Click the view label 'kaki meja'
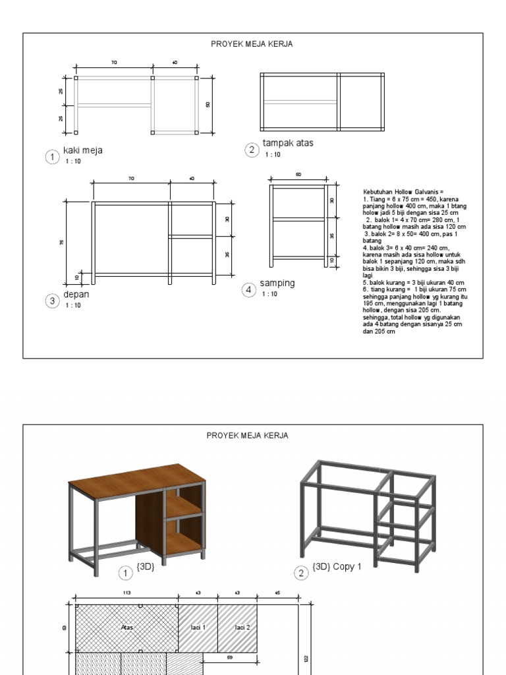pyautogui.click(x=82, y=150)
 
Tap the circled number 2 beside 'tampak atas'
pyautogui.click(x=251, y=150)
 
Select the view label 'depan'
pyautogui.click(x=76, y=295)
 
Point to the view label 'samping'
pyautogui.click(x=277, y=283)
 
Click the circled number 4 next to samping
pyautogui.click(x=249, y=290)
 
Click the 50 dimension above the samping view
pyautogui.click(x=298, y=175)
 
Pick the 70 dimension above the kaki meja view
pyautogui.click(x=114, y=63)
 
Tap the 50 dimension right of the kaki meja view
pyautogui.click(x=208, y=104)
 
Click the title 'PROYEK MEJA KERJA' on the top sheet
pyautogui.click(x=252, y=44)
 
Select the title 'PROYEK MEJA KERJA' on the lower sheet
pyautogui.click(x=247, y=436)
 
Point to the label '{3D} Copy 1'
pyautogui.click(x=337, y=566)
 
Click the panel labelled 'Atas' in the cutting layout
pyautogui.click(x=127, y=628)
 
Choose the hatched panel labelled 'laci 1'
pyautogui.click(x=198, y=628)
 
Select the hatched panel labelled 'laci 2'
pyautogui.click(x=237, y=628)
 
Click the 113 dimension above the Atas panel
pyautogui.click(x=126, y=593)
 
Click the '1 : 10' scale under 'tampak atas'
pyautogui.click(x=273, y=155)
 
